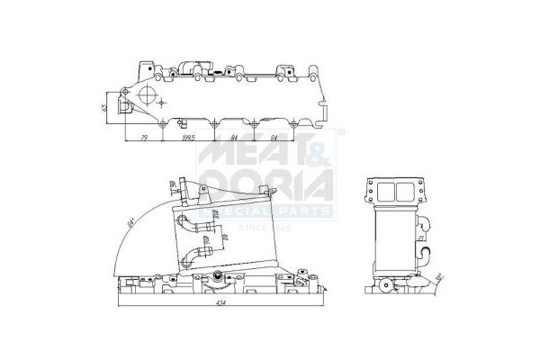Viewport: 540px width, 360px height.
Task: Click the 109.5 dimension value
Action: click(x=188, y=138)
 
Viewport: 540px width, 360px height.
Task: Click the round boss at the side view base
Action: click(x=388, y=287)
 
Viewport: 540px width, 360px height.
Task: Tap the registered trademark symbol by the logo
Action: click(x=341, y=134)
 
